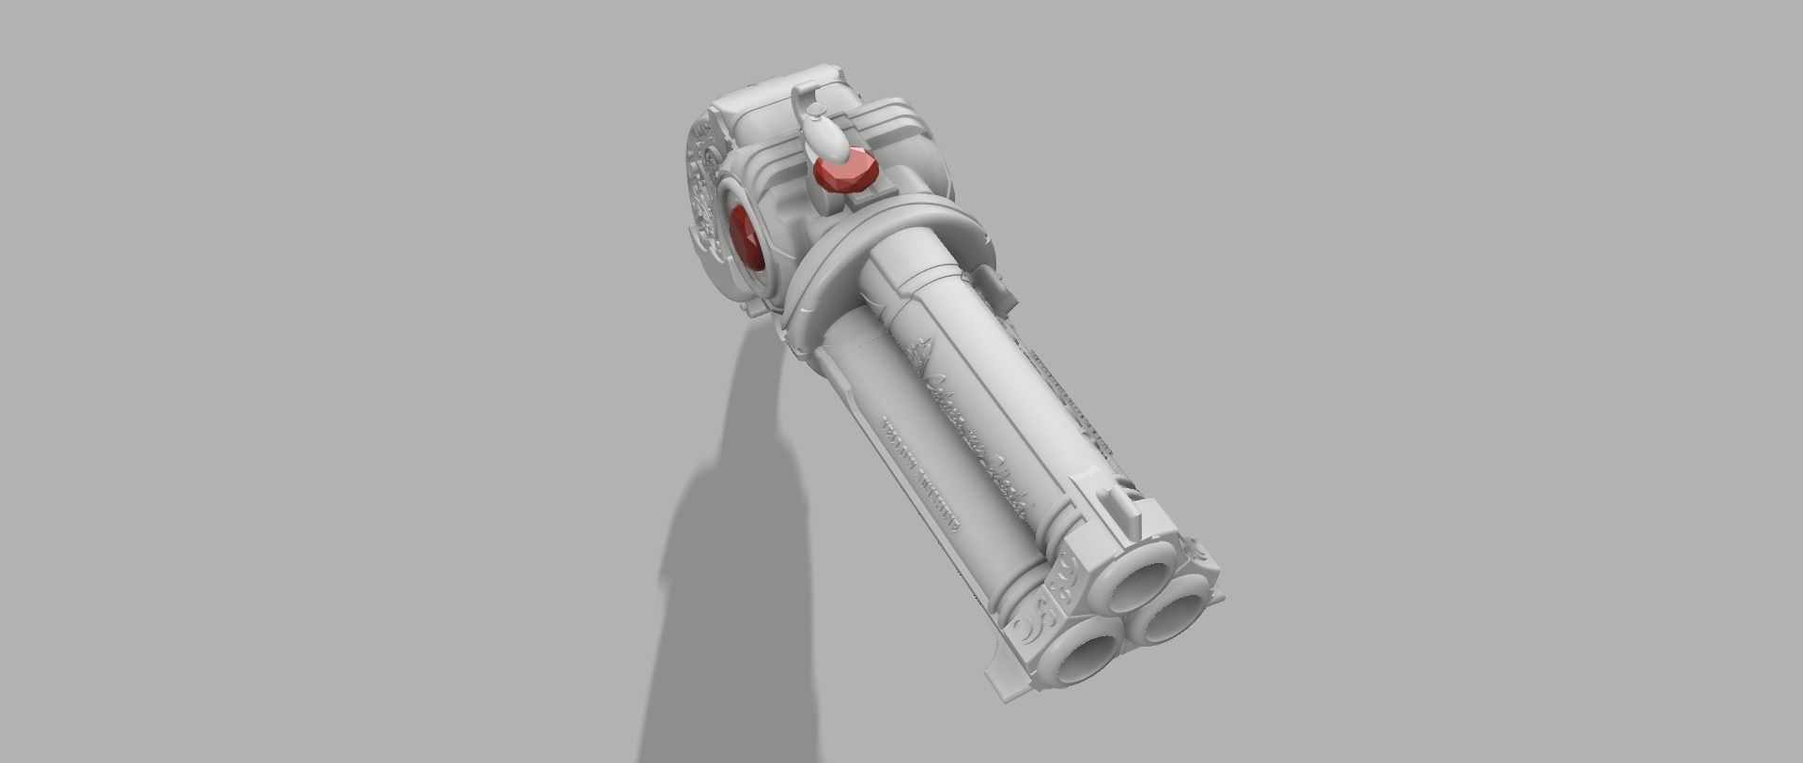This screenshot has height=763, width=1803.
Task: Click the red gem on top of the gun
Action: pos(844,173)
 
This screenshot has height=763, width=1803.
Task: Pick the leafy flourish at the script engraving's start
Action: pos(921,355)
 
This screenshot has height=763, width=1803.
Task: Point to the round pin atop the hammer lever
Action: pos(816,112)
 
